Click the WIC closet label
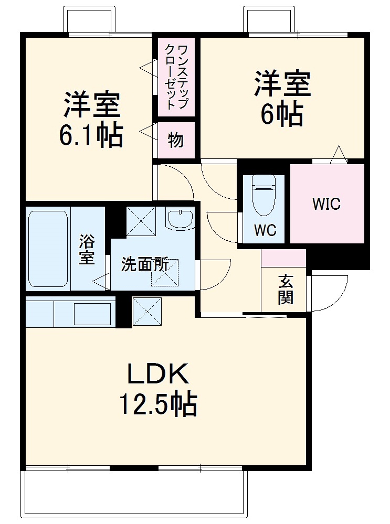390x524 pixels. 326,204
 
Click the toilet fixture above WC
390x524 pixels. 263,194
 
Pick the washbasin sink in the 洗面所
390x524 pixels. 180,218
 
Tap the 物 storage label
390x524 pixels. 176,140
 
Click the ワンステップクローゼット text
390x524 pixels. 176,77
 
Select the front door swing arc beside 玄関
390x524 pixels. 328,294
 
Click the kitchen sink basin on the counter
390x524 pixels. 92,314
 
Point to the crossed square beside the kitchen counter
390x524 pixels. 146,310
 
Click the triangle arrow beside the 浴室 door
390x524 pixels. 99,282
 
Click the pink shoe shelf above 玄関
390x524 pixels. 283,258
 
